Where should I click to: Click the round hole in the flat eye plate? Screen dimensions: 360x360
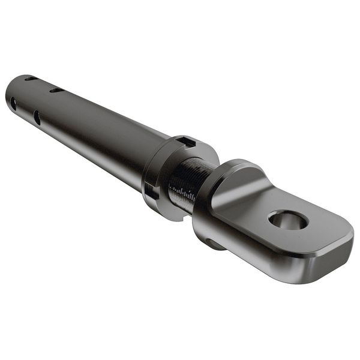coord(288,220)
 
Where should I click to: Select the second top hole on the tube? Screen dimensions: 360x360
coord(56,91)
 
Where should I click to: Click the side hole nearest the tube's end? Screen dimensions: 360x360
coord(13,103)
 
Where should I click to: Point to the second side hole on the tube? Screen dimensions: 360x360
coord(37,117)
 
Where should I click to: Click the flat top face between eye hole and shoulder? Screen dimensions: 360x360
coord(252,204)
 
